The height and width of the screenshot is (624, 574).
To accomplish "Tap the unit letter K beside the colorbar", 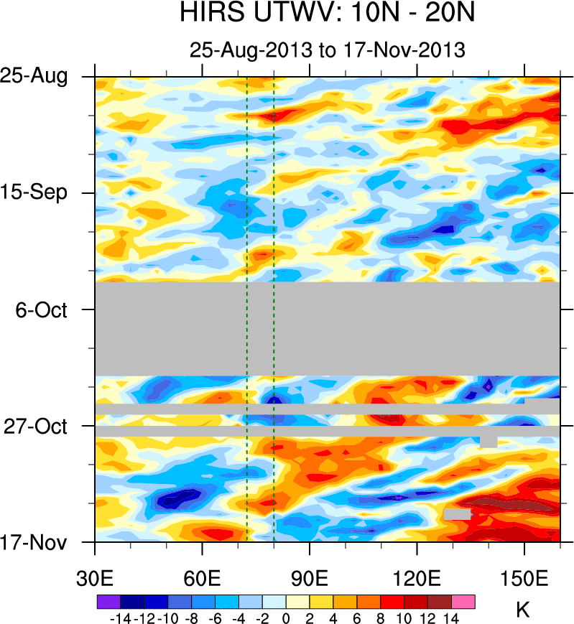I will [523, 610].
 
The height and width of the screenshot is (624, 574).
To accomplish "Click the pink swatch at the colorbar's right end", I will [463, 601].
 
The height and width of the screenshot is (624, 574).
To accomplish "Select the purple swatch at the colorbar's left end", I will [108, 601].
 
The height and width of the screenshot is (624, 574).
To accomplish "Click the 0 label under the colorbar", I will [286, 616].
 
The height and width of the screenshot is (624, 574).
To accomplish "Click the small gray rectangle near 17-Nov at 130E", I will [457, 514].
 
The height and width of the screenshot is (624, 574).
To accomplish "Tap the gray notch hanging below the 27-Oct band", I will [489, 441].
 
